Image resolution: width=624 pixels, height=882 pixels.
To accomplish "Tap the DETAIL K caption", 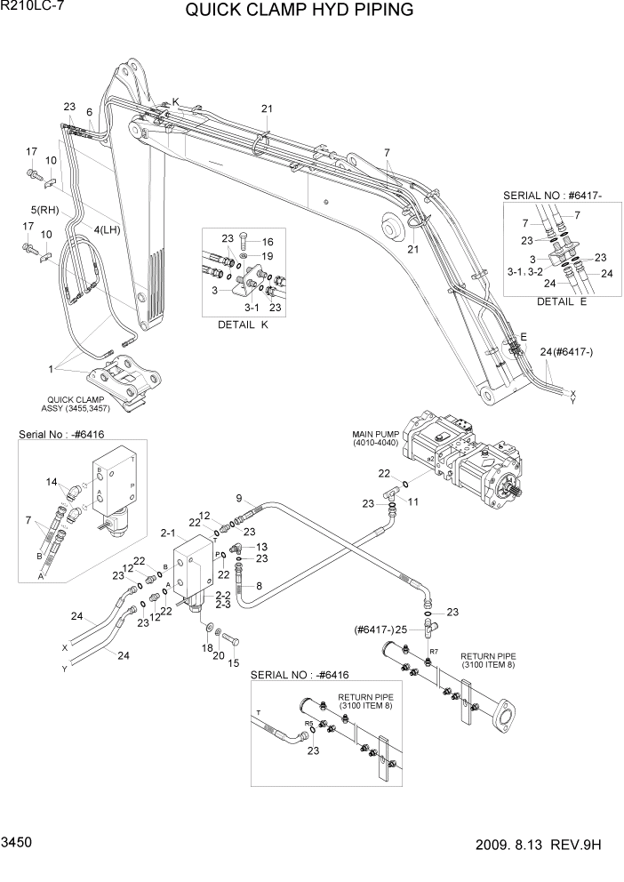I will (243, 325).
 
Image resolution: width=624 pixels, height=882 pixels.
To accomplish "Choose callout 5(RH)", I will (44, 210).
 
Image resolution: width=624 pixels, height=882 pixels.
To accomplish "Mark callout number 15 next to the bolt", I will (234, 662).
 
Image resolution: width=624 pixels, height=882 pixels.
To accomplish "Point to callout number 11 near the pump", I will (414, 501).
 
